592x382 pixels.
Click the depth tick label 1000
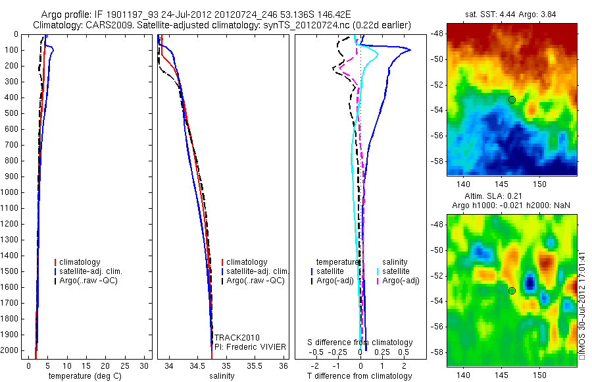(x=11, y=192)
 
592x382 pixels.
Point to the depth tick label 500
(x=13, y=113)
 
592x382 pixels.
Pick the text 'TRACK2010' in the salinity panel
(x=233, y=338)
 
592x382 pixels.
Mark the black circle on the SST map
(x=512, y=99)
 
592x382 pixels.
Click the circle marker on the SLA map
(x=512, y=290)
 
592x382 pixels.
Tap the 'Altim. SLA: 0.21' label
(x=511, y=197)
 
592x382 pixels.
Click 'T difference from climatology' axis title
(x=359, y=376)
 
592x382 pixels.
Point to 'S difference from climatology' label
(x=360, y=342)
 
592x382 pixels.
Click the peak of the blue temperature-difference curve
(x=410, y=50)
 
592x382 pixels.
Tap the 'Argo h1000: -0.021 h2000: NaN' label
(x=511, y=205)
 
